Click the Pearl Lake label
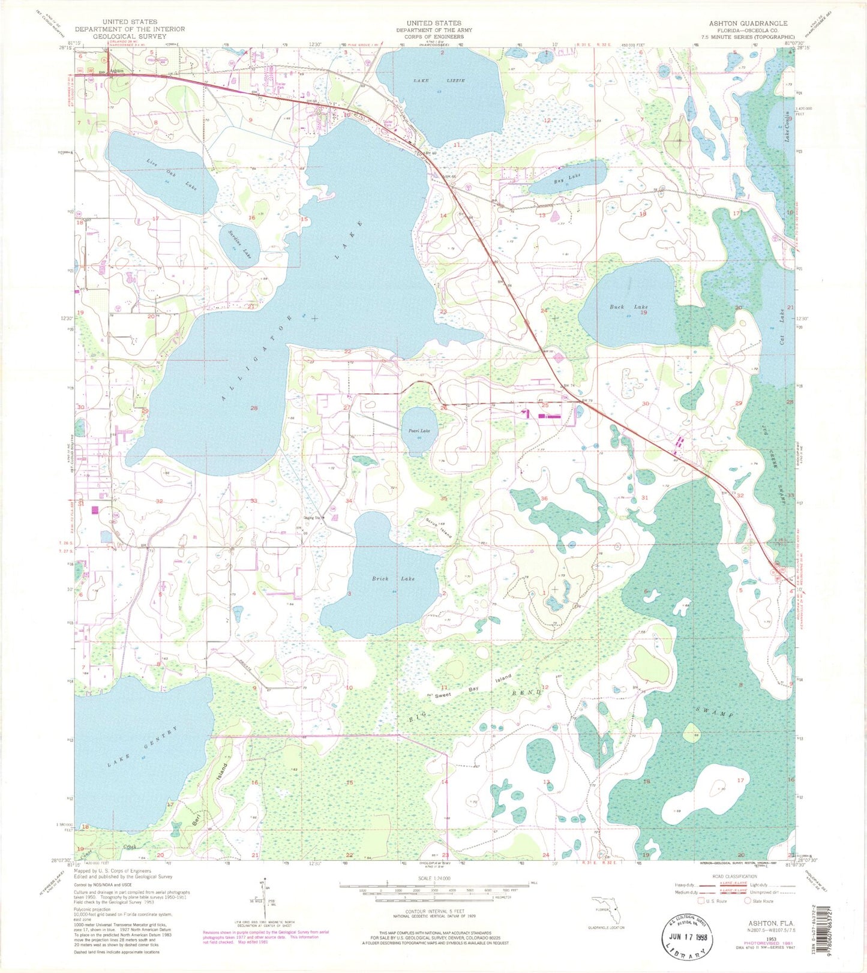point(419,431)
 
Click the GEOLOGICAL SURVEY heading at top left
point(130,36)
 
